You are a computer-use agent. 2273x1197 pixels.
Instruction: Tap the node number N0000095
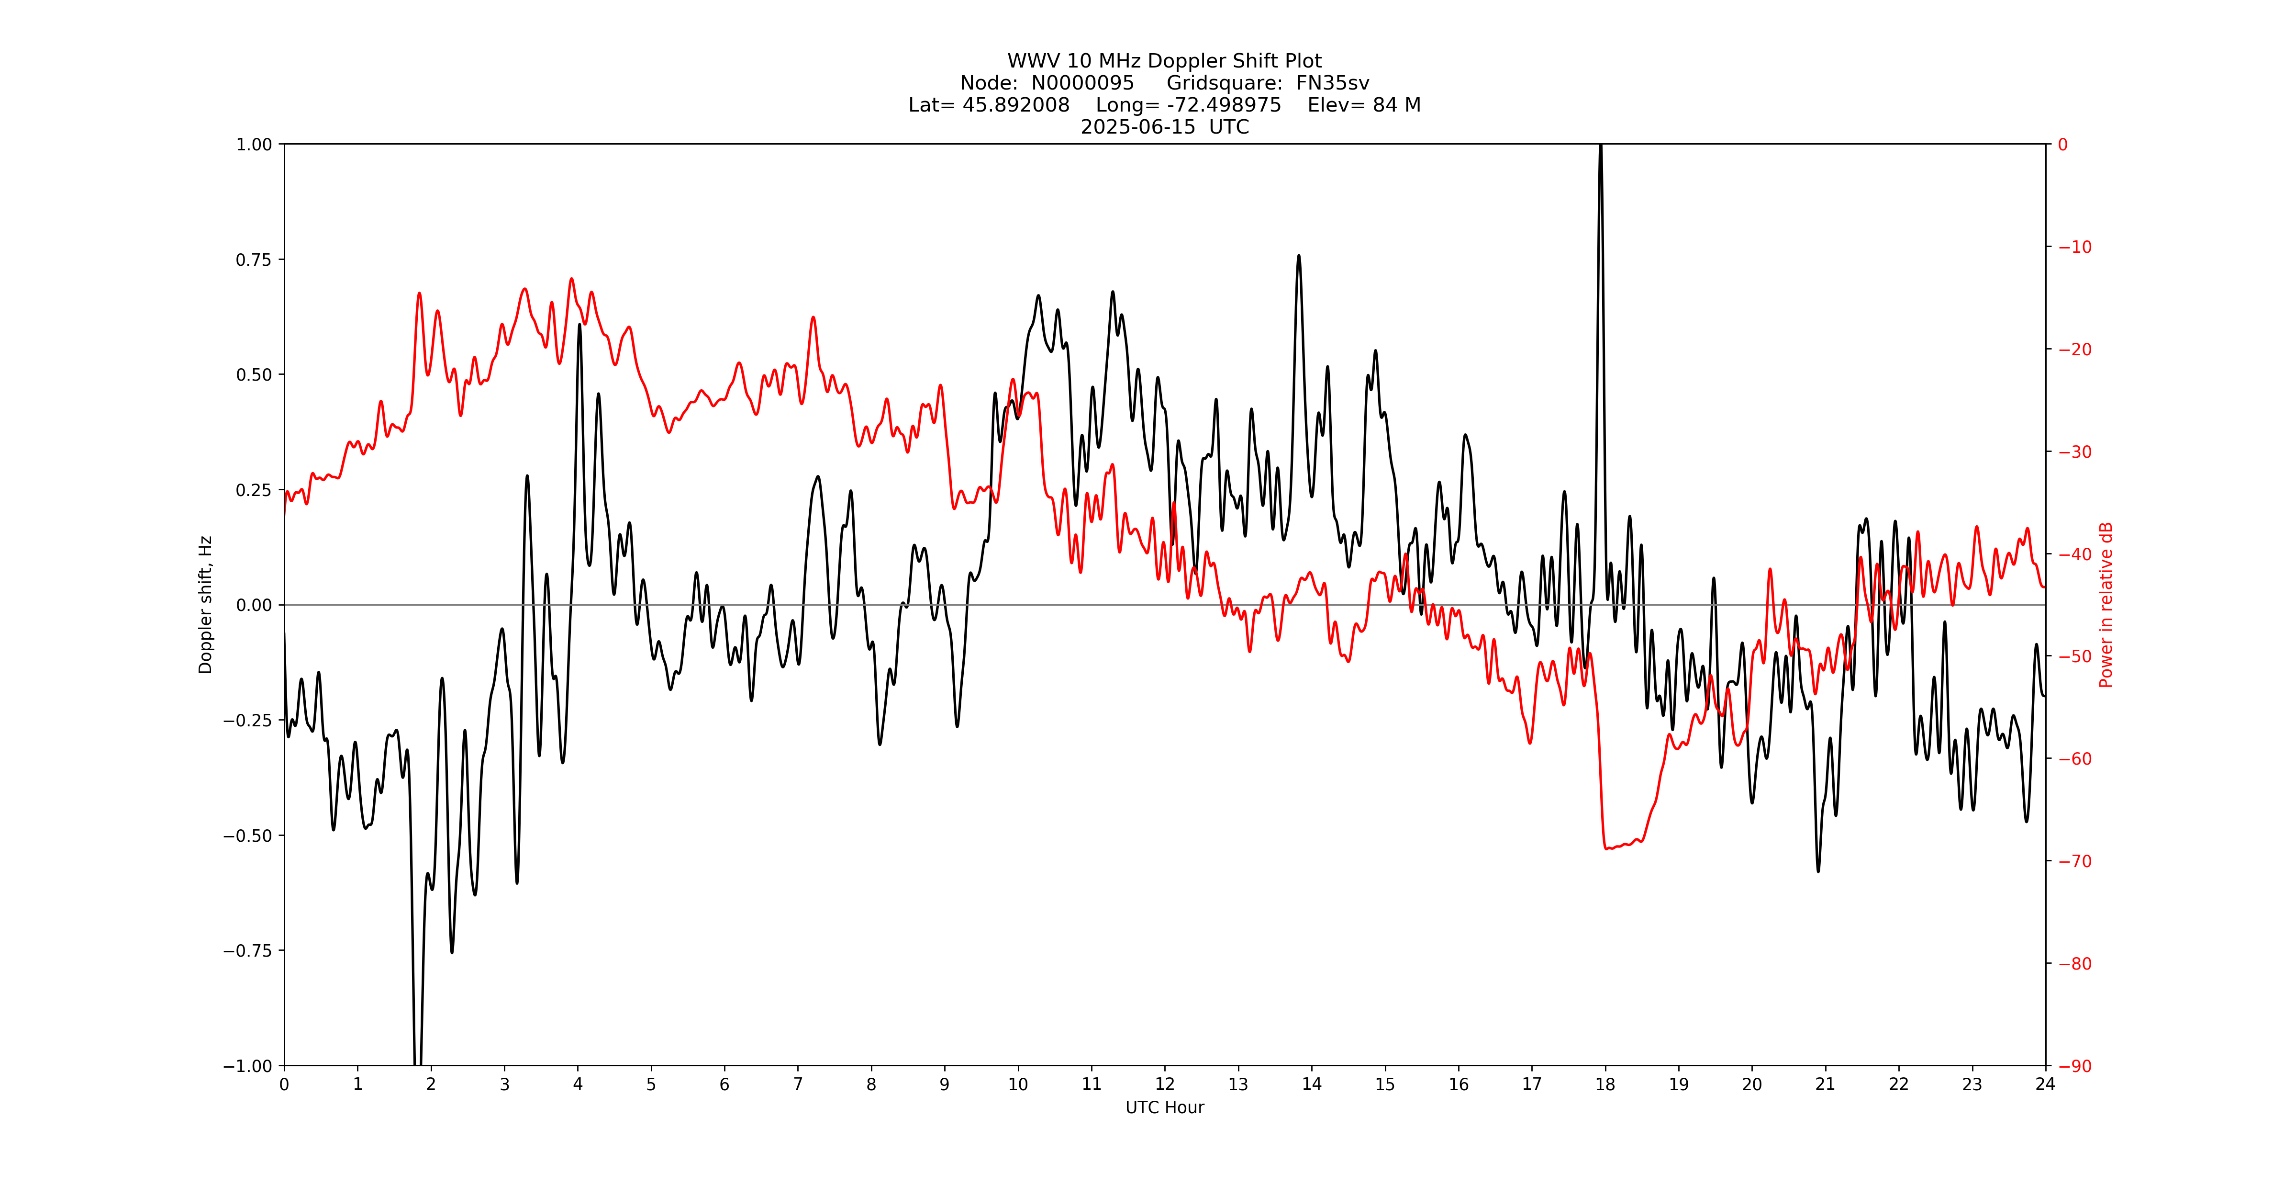click(x=1083, y=83)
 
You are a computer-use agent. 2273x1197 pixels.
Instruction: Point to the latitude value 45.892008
click(x=1015, y=105)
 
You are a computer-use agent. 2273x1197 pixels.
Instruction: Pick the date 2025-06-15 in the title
click(x=1138, y=127)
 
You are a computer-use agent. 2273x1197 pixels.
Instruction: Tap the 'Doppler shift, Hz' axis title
click(x=206, y=605)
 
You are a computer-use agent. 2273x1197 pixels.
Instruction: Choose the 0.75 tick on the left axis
click(x=253, y=260)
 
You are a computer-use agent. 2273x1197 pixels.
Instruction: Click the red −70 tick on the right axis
click(x=2074, y=861)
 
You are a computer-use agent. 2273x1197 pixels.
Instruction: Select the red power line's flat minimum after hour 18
click(x=1615, y=847)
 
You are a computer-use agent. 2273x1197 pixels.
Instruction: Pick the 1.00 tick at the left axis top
click(x=253, y=145)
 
